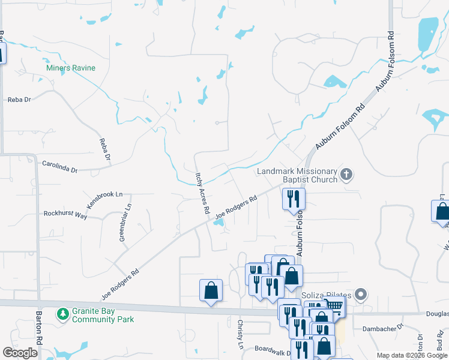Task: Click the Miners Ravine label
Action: point(71,68)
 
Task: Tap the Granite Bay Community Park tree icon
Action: point(62,314)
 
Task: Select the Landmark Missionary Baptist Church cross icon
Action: point(346,175)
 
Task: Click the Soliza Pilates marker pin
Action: point(360,295)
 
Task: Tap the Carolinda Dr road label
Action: point(60,166)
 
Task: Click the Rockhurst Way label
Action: point(65,214)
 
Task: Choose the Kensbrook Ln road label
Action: point(104,200)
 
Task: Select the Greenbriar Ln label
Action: point(125,224)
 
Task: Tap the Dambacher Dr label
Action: point(381,329)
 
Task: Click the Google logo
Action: point(20,353)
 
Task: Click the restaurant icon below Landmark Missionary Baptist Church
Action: point(294,199)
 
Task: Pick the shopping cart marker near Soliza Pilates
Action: point(335,307)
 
